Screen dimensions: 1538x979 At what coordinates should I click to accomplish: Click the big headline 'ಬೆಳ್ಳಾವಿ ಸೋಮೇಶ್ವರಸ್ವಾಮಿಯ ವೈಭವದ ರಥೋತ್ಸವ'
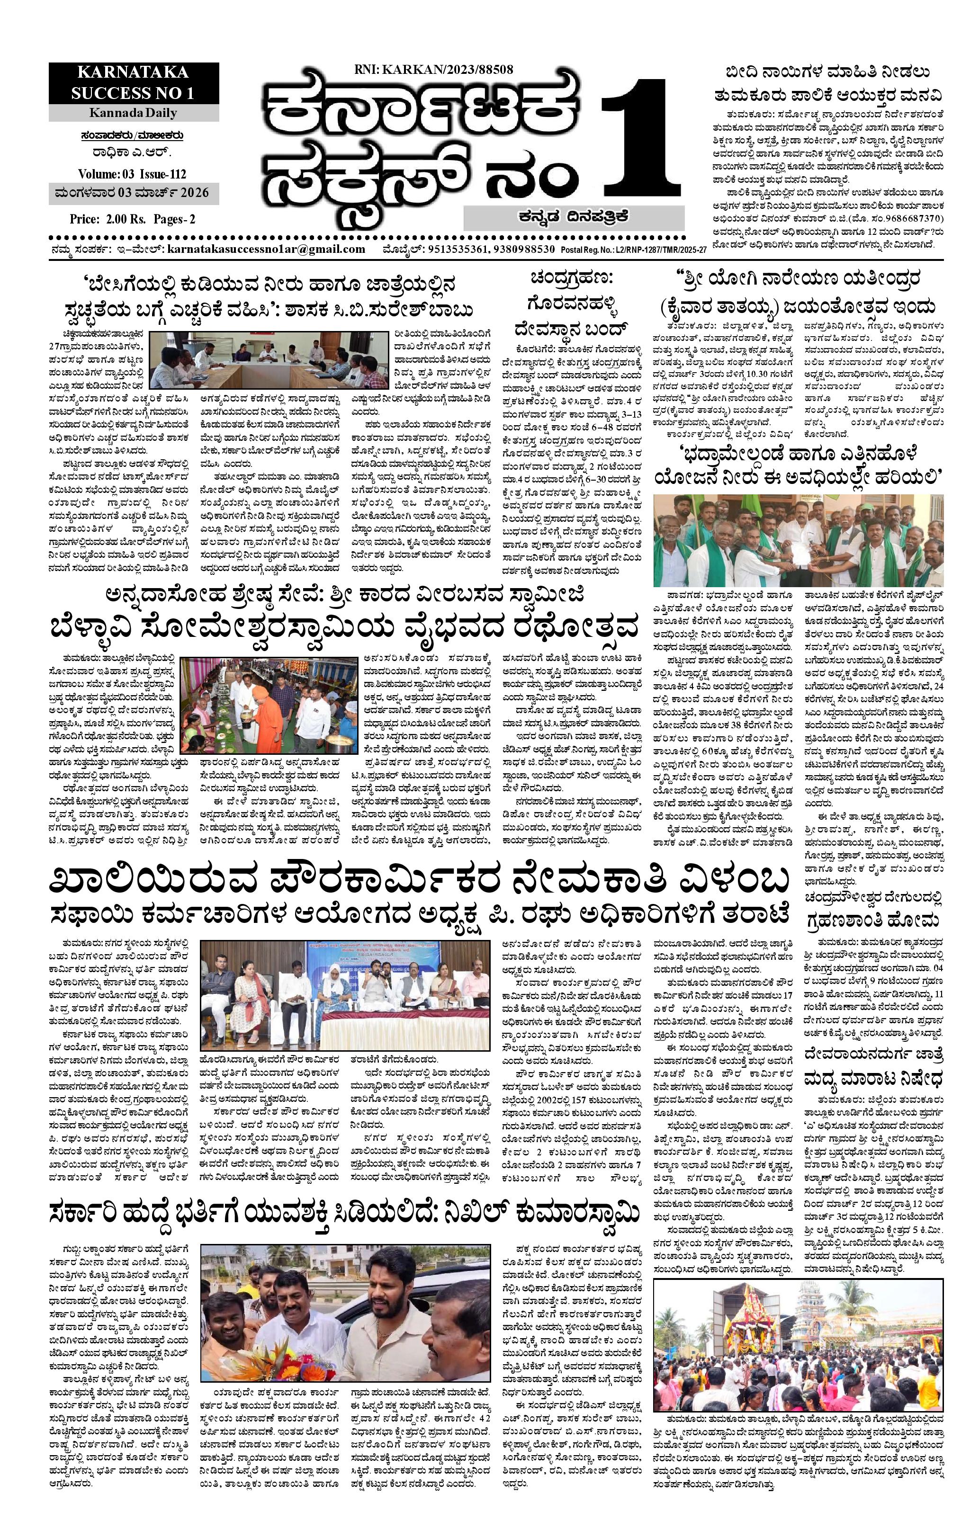tap(345, 627)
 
